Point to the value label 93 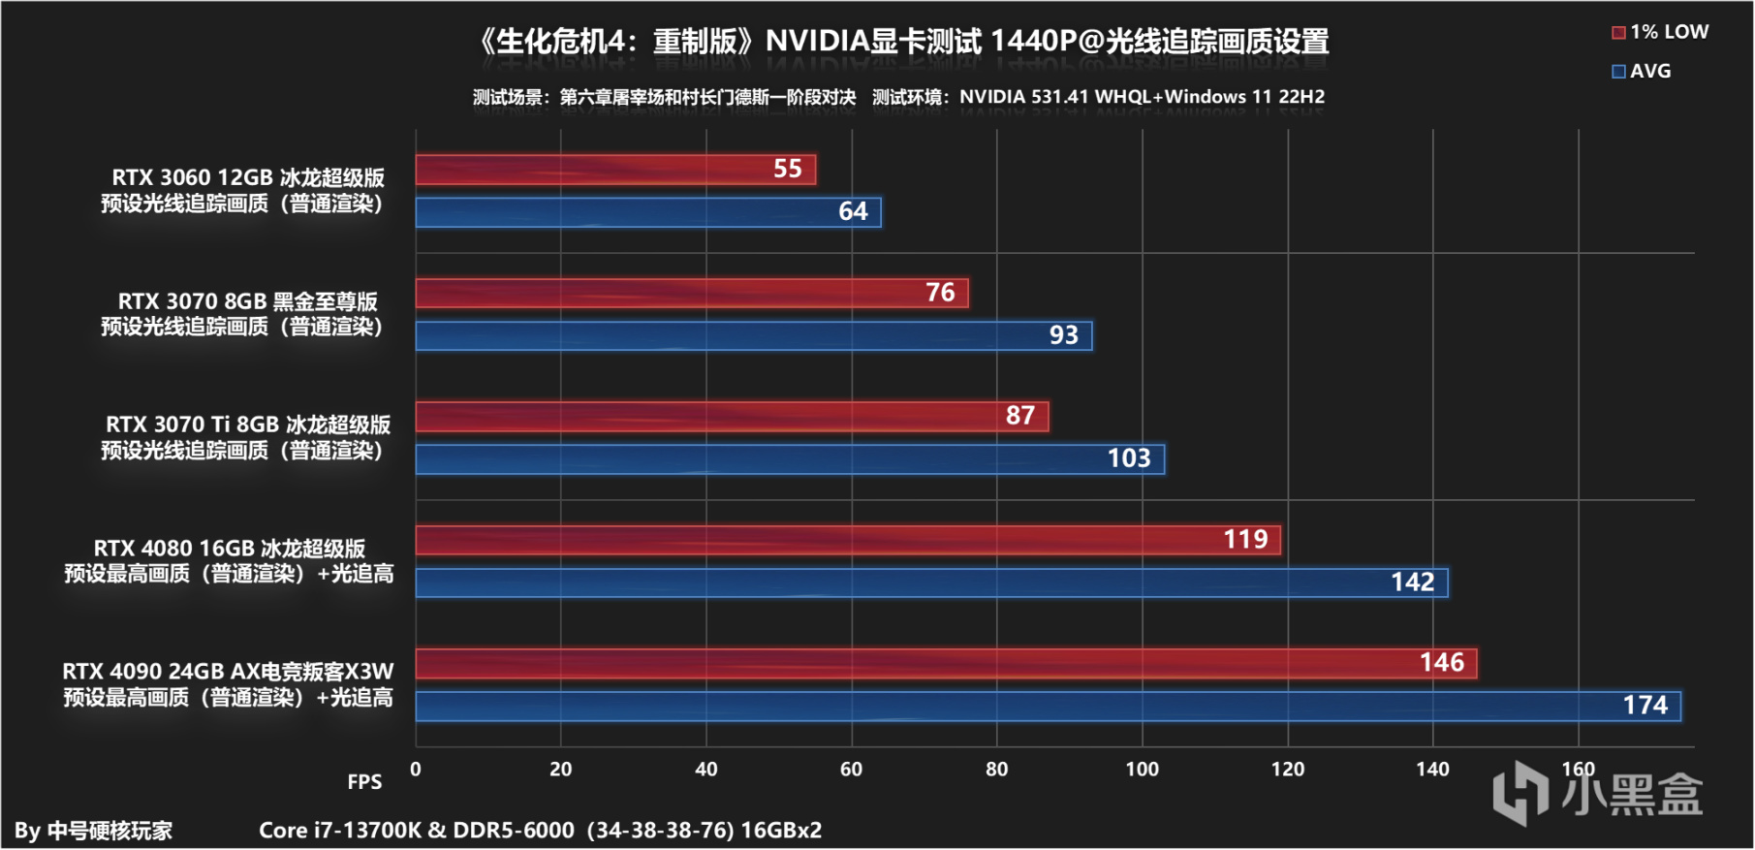[1063, 335]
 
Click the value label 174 [1645, 706]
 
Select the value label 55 [787, 170]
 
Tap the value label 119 [1245, 540]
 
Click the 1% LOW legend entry [1659, 32]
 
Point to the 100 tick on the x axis [1142, 770]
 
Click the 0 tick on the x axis [416, 770]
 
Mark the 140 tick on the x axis [1432, 770]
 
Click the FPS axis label [364, 782]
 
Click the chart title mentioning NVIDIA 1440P [902, 42]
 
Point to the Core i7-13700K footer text [540, 831]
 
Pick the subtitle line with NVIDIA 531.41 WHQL [898, 97]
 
